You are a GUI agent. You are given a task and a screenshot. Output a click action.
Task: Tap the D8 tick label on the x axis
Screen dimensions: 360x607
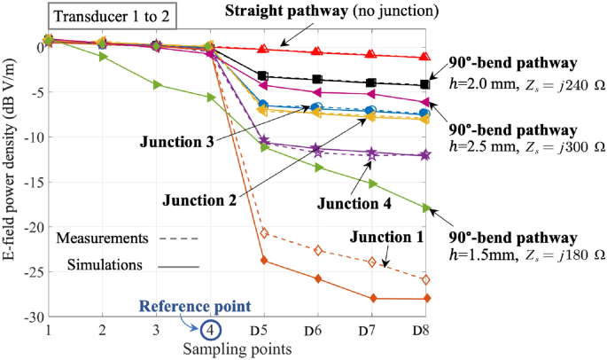point(424,330)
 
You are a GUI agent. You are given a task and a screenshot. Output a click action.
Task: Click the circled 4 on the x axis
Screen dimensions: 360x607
point(210,330)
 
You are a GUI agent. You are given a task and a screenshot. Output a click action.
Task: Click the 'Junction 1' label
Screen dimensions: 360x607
point(385,237)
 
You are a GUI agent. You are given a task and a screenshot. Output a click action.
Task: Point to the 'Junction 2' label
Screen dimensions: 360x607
point(200,200)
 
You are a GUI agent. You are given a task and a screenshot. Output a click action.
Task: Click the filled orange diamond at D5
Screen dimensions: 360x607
point(263,261)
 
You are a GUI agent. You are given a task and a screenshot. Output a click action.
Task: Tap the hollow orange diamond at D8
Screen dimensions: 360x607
point(425,279)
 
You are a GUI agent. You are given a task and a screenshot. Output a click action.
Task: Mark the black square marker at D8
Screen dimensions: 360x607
point(425,84)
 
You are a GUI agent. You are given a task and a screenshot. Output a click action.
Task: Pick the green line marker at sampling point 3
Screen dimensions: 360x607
point(156,84)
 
